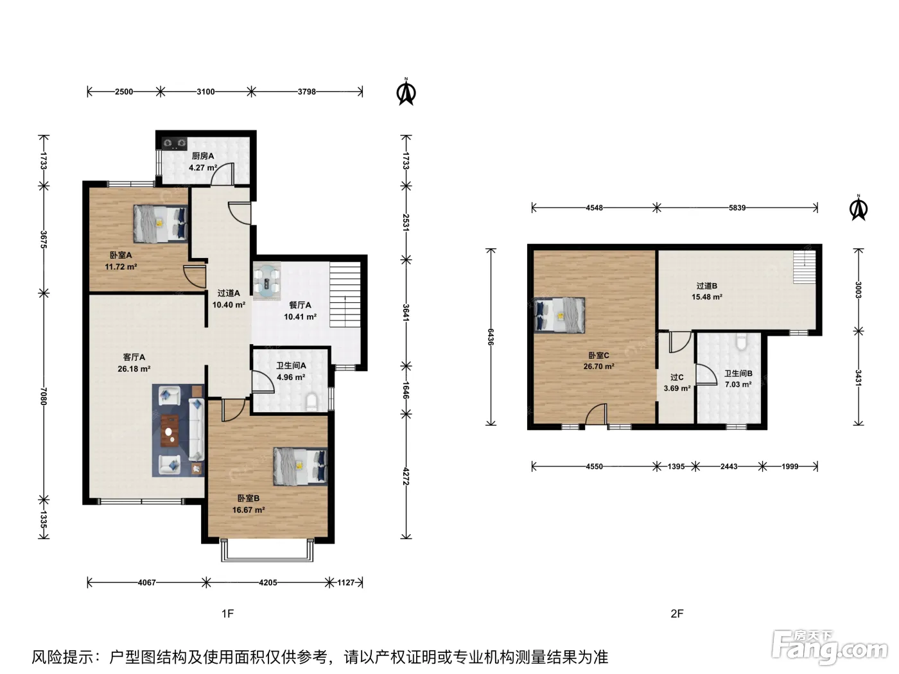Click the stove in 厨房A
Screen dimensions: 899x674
175,143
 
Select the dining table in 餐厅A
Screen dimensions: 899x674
266,282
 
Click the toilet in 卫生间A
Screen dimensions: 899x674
311,402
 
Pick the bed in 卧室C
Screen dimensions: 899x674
559,315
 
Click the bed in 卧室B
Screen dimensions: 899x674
301,467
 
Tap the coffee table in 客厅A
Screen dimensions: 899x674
170,431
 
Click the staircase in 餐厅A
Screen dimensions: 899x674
345,295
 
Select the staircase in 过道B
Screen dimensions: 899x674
805,267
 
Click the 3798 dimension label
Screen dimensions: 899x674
307,92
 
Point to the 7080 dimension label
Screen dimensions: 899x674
44,396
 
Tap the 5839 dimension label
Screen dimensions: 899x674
737,208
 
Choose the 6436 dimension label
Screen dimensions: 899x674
491,337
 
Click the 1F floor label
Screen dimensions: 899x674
228,614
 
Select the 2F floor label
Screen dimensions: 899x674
677,614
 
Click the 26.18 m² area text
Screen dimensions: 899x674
134,368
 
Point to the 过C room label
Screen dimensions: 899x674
677,377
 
